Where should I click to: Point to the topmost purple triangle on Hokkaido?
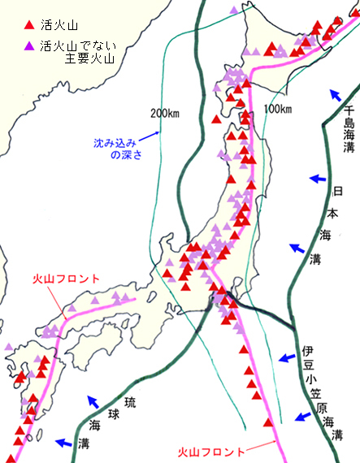(234, 10)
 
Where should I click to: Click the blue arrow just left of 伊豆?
(284, 357)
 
